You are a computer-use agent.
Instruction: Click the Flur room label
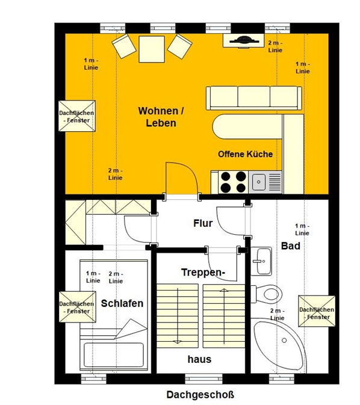pos(203,223)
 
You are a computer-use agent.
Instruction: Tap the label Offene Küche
pos(245,154)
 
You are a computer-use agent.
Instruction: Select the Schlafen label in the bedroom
pos(122,303)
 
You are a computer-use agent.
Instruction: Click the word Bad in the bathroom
pos(291,246)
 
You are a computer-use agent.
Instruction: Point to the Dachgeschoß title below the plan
pos(200,395)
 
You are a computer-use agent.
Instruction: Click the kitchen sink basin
pos(259,182)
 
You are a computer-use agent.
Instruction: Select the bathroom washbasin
pos(261,261)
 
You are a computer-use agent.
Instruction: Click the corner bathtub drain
pos(284,341)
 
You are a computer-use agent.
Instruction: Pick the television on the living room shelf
pos(244,40)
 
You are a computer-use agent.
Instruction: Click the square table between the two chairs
pos(152,49)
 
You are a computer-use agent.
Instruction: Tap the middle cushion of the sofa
pos(254,97)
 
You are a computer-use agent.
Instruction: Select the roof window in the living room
pos(77,116)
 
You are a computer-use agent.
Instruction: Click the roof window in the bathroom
pos(317,311)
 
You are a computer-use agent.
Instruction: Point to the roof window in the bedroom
pos(78,307)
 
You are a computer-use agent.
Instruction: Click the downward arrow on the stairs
pos(178,317)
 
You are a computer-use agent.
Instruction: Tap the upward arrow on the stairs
pos(223,317)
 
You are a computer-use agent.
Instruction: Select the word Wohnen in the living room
pos(161,111)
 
